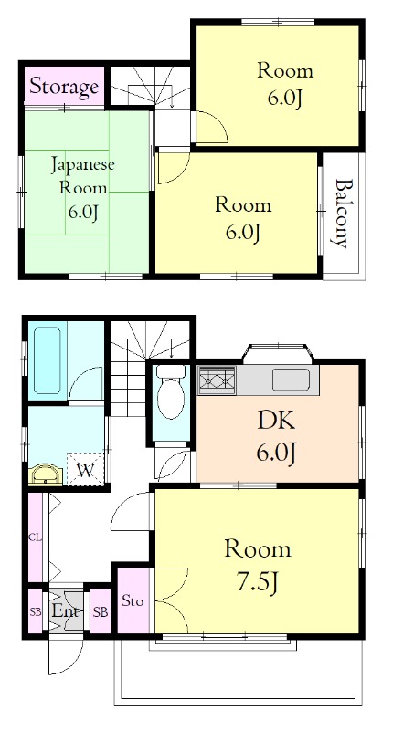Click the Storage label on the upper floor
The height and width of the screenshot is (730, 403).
pos(64,87)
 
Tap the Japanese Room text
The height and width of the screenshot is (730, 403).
pos(82,176)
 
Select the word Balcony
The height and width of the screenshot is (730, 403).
pos(341,214)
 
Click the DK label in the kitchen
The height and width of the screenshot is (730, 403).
pos(276,422)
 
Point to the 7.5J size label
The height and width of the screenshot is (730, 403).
pos(258,581)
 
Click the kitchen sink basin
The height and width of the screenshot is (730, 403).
pos(291,380)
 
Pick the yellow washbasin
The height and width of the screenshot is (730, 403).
pos(46,474)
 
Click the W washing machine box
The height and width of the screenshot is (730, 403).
pos(85,469)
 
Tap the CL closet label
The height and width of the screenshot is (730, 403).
pos(35,537)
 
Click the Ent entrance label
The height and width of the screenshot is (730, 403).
pos(66,610)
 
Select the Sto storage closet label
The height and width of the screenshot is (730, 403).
pos(133,601)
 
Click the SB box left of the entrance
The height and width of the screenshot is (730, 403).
pos(36,611)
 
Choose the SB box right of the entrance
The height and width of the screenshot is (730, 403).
pos(100,611)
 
